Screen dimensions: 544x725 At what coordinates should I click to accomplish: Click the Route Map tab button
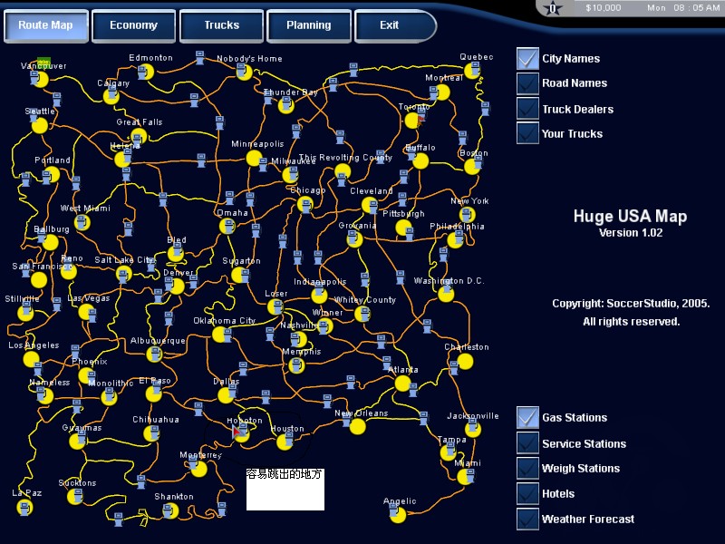pos(46,25)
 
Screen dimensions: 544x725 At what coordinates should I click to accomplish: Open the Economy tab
pos(133,25)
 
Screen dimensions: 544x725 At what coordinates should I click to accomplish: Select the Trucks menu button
pos(221,25)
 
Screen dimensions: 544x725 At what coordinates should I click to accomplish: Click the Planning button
pos(308,25)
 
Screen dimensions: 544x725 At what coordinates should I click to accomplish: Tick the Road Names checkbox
pos(527,83)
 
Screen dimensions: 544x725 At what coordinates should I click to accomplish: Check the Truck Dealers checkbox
pos(527,109)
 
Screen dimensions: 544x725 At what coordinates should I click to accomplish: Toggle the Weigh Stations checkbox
pos(527,469)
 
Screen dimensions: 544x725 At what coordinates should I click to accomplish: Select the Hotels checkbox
pos(527,494)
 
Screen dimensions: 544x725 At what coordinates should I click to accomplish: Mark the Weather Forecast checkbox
pos(527,520)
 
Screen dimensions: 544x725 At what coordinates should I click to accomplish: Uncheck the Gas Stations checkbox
pos(527,418)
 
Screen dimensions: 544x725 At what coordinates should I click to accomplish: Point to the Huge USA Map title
pos(630,217)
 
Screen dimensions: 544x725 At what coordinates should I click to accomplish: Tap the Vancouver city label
pos(43,66)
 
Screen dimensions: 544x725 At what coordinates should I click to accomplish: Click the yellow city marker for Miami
pos(466,473)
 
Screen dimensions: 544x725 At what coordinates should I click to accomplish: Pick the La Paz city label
pos(26,493)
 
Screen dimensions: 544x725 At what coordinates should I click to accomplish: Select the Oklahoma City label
pos(224,321)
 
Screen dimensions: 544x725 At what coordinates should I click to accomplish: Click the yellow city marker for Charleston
pos(465,361)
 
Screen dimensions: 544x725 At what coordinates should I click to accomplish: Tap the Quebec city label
pos(476,57)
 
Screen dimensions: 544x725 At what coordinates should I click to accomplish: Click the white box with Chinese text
pos(285,490)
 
